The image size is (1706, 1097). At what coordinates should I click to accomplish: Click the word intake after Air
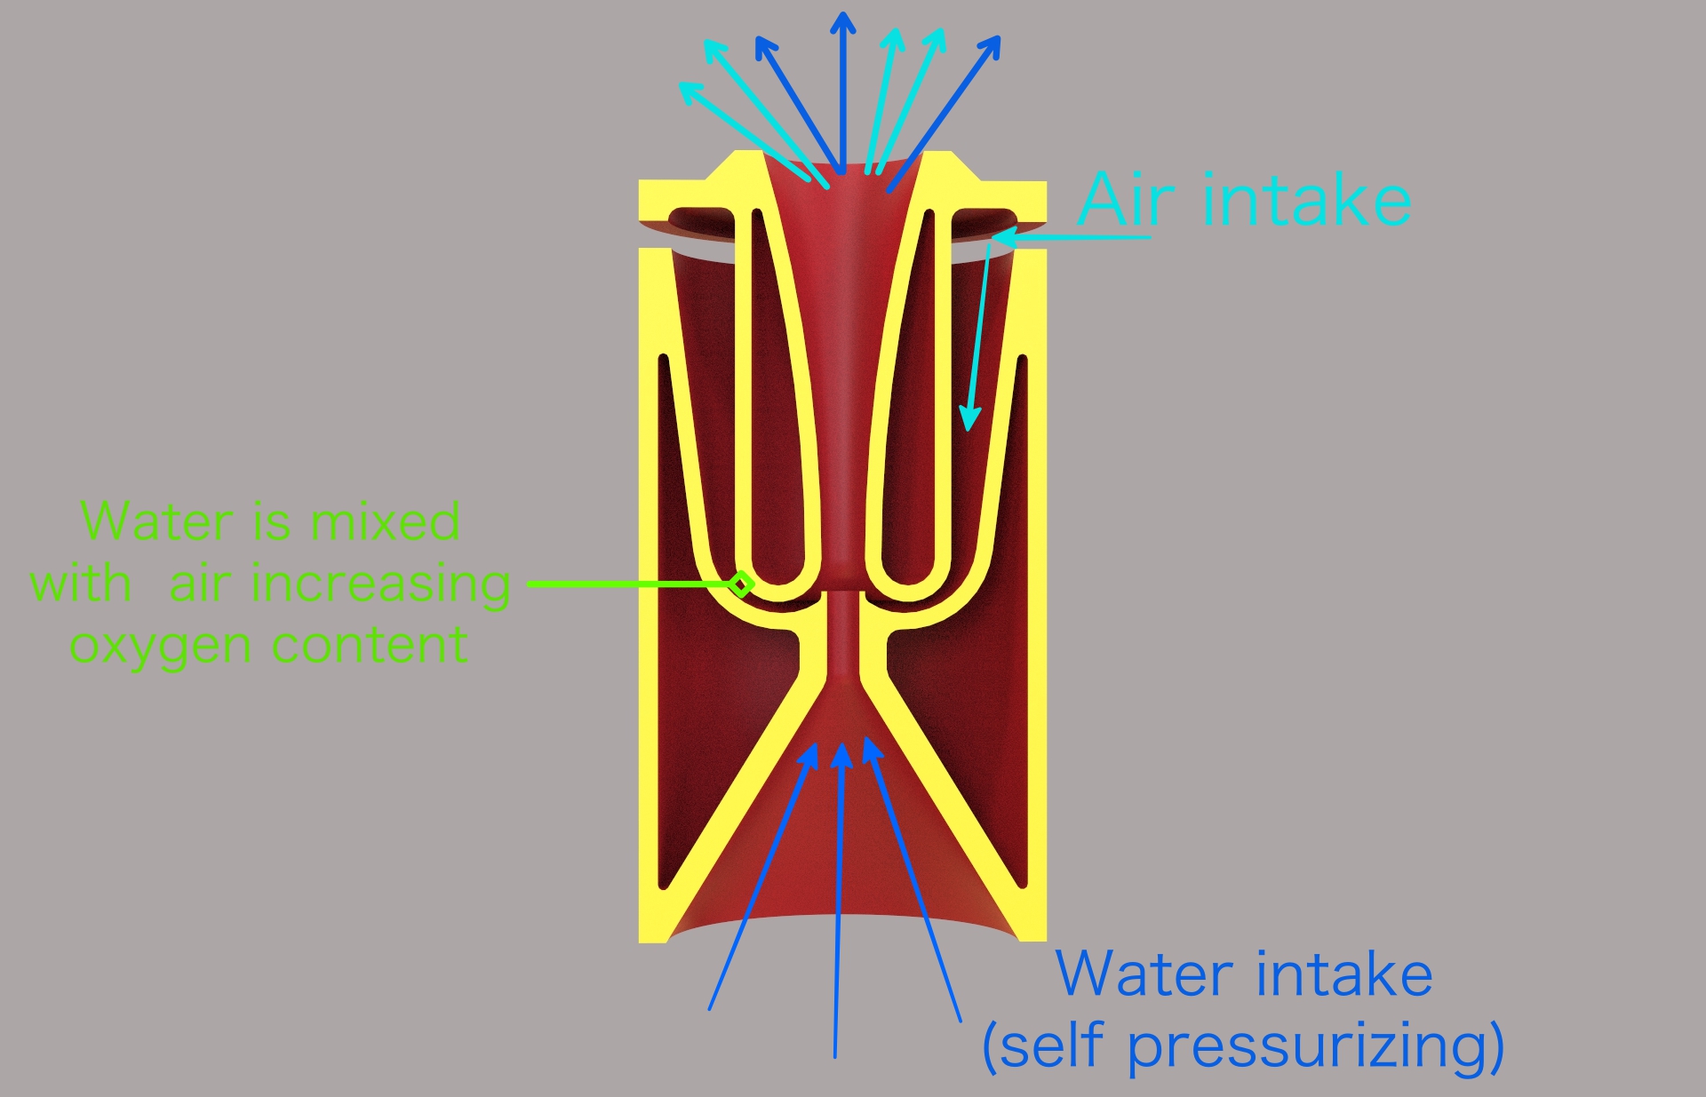(1307, 199)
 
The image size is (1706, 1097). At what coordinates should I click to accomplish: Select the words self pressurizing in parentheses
(1244, 1045)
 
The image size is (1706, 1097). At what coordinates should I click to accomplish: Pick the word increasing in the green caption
(381, 585)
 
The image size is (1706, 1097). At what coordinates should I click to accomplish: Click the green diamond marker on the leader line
(741, 584)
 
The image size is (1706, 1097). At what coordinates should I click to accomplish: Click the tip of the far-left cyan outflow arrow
(680, 83)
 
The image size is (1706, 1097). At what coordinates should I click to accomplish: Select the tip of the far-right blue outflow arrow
(1000, 37)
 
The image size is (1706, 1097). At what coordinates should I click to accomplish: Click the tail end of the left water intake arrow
(709, 1010)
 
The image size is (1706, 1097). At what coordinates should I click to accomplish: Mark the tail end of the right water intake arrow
(961, 1021)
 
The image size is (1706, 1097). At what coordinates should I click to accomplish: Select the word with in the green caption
(81, 584)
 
